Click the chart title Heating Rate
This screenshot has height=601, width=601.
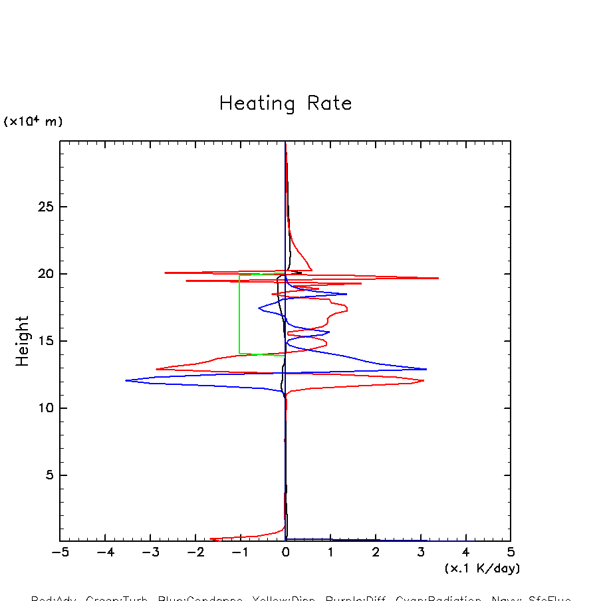pos(285,104)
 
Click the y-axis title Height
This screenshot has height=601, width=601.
pos(23,341)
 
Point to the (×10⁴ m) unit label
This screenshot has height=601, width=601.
pos(33,122)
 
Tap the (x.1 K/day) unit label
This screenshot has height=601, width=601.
pos(482,568)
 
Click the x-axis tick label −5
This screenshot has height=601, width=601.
pos(60,552)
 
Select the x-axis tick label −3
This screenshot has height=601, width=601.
pos(150,552)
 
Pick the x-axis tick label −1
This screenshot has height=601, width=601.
pos(240,552)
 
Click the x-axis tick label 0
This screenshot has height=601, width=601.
pos(285,552)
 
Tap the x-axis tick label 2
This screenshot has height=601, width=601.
pos(376,552)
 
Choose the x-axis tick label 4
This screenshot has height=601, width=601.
pos(465,552)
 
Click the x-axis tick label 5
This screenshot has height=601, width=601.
pos(511,552)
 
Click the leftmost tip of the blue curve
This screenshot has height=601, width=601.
pos(126,380)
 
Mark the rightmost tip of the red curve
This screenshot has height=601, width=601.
pos(438,278)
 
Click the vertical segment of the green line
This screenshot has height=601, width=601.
pos(239,312)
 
